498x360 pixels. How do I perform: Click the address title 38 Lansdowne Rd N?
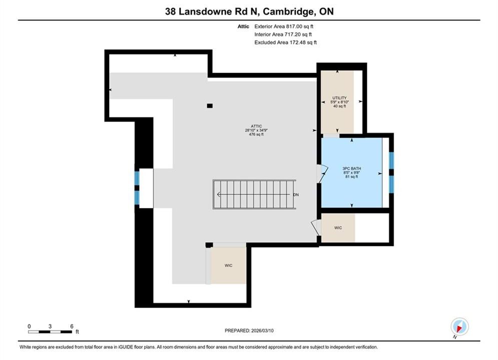(212, 11)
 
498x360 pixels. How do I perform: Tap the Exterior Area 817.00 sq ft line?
(284, 26)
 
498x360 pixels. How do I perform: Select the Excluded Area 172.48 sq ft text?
(285, 42)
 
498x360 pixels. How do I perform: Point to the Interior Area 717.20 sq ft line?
(283, 34)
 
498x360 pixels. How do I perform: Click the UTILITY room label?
(339, 98)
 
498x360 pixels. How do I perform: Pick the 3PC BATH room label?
(351, 168)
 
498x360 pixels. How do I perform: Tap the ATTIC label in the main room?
(256, 126)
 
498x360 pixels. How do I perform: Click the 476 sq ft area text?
(256, 134)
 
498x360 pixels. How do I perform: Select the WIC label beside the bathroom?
(338, 228)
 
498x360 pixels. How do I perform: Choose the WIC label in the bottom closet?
(228, 266)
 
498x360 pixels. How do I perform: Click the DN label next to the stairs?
(296, 194)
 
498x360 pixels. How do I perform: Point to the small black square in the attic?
(210, 106)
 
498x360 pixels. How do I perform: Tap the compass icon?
(459, 326)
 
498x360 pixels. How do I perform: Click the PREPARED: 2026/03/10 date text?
(249, 331)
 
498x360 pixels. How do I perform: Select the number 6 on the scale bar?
(72, 326)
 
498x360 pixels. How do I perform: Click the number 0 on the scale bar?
(29, 326)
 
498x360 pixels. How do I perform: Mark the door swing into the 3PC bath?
(323, 174)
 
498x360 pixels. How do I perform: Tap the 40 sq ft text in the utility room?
(339, 106)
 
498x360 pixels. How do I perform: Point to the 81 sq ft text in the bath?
(351, 176)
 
